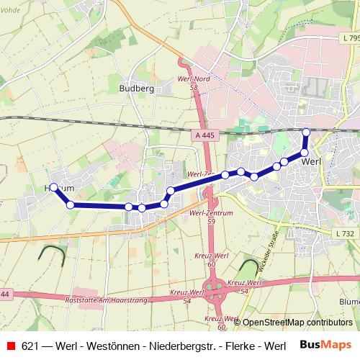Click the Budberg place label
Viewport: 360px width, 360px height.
pos(136,89)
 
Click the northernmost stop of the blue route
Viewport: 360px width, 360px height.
pos(306,132)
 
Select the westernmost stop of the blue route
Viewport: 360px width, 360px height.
pos(53,187)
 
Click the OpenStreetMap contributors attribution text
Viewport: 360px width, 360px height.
pos(297,322)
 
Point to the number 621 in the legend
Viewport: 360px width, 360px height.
pos(30,346)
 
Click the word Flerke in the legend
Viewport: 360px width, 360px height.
pos(241,346)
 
